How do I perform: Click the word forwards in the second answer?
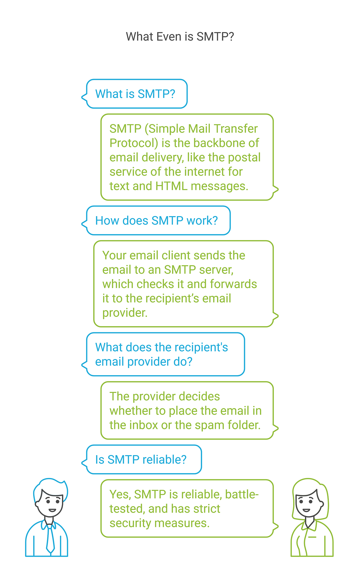233,284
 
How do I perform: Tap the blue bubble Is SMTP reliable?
141,460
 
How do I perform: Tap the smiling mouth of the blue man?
52,510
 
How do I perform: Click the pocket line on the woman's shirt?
312,537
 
